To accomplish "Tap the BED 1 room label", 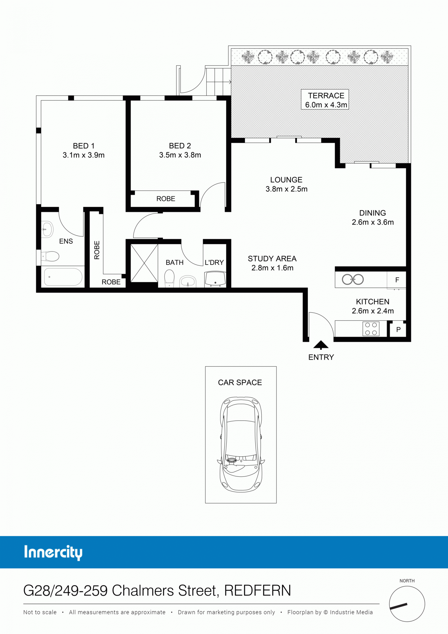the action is [x=84, y=146].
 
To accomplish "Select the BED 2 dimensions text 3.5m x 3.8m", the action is [x=180, y=155].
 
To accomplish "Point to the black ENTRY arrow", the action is [x=321, y=345].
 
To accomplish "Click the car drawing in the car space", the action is [x=241, y=444].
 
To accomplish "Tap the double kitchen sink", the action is [x=353, y=280].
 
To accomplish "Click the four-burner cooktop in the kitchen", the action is [x=371, y=329].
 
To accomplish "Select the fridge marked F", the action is [x=396, y=280].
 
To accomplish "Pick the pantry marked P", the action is [x=398, y=330].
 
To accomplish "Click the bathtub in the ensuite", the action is [x=63, y=277].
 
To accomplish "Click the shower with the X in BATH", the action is [x=144, y=263].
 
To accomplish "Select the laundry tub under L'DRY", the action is [x=215, y=279].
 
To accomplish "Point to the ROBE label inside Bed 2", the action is [x=166, y=199].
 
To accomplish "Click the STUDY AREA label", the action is [x=272, y=259].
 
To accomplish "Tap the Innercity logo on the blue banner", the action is [x=53, y=552].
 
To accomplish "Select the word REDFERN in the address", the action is [x=257, y=591].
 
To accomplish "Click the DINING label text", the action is [x=372, y=213].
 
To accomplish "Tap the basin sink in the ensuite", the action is [x=47, y=229].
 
